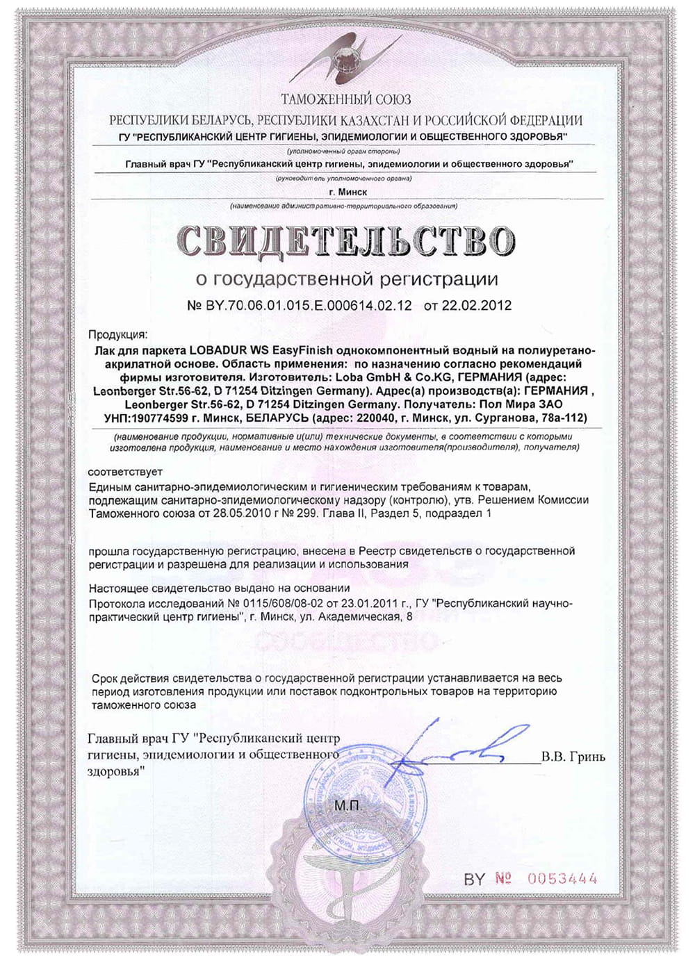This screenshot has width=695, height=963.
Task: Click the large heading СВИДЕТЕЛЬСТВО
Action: (x=346, y=240)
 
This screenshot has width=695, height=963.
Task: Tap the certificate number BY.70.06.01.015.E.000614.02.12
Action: (x=307, y=305)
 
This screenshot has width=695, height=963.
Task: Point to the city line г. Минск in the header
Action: (x=347, y=192)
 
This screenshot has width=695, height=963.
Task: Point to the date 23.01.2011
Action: (x=379, y=603)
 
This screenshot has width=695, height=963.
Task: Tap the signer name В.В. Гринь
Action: (x=573, y=757)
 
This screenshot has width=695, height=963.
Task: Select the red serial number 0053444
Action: (x=562, y=878)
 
